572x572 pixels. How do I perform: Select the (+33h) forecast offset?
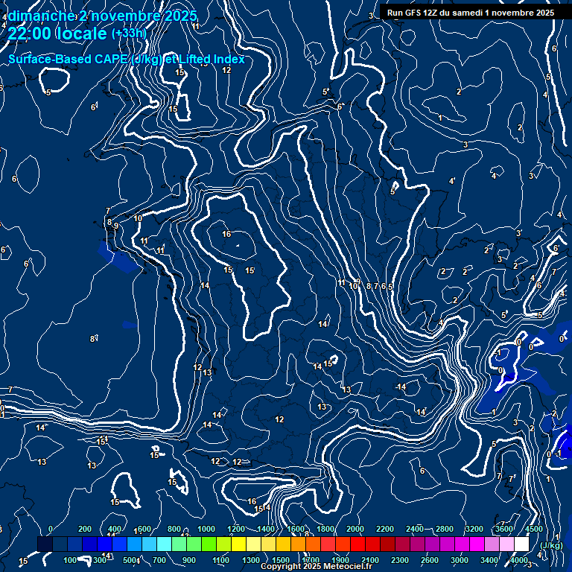tap(129, 34)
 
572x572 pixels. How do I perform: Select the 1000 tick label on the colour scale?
tap(206, 529)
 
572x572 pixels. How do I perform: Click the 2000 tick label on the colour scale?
tap(355, 529)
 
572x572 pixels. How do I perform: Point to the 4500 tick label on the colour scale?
tap(534, 529)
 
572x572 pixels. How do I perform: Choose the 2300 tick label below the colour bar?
tap(400, 560)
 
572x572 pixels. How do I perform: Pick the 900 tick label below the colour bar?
tap(189, 560)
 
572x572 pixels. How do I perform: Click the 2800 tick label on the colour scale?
tap(445, 529)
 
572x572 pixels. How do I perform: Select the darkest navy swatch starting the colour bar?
tap(45, 544)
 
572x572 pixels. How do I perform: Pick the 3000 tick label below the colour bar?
tap(460, 560)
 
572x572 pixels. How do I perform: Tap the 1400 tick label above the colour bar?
tap(266, 529)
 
